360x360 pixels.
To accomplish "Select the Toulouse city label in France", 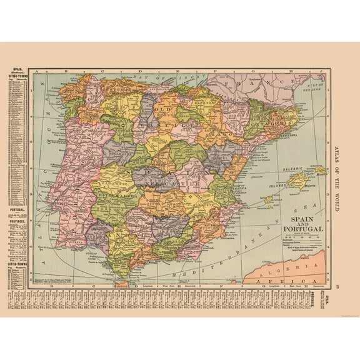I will [x=254, y=81].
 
